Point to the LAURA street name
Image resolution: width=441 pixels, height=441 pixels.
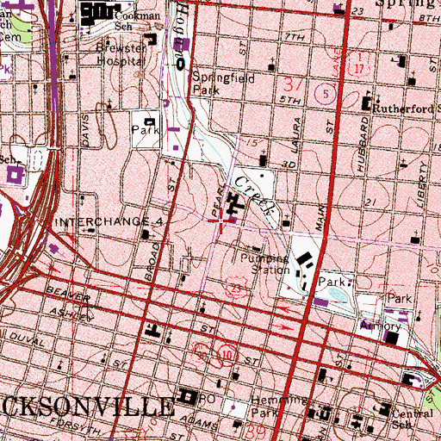click(295, 130)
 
